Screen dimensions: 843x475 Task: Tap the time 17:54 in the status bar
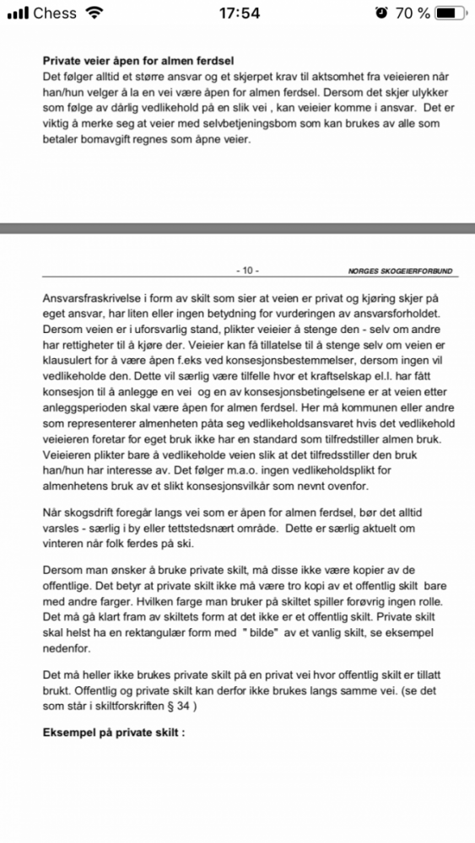click(x=237, y=13)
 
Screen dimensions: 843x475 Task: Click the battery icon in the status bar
click(x=451, y=13)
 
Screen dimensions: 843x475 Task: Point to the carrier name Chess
click(x=55, y=13)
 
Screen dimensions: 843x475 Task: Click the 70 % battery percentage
click(x=411, y=13)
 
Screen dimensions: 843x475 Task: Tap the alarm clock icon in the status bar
click(x=381, y=13)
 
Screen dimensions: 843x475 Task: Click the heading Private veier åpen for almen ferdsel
click(x=138, y=61)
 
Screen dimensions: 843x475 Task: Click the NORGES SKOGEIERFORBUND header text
click(x=399, y=271)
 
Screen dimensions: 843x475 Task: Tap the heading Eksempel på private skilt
click(x=113, y=732)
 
